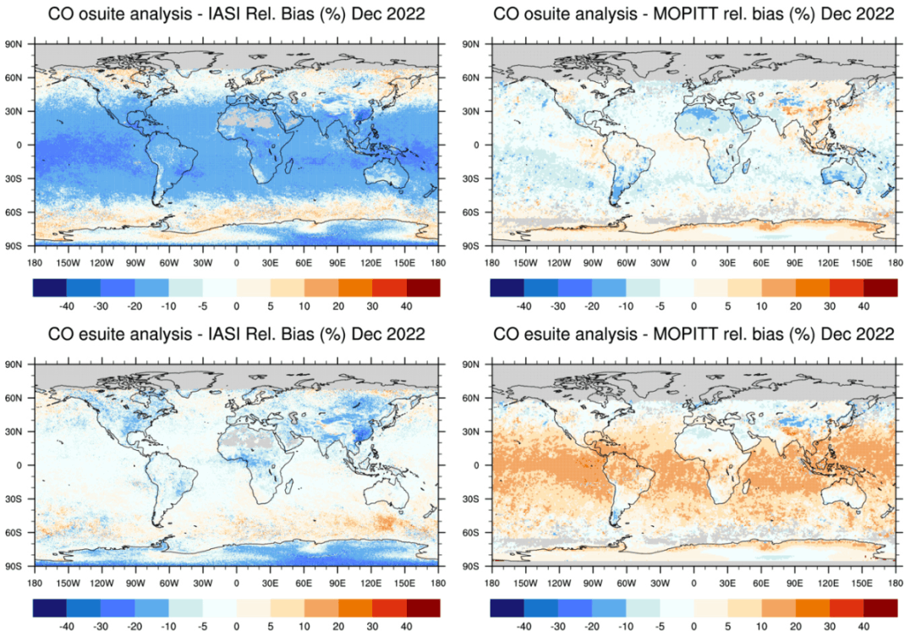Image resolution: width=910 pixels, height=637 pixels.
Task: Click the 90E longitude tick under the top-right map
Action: click(795, 262)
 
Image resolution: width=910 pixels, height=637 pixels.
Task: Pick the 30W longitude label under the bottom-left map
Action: click(202, 582)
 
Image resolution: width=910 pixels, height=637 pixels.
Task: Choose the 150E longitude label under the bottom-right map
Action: click(863, 582)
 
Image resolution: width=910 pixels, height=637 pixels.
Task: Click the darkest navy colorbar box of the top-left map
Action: click(50, 288)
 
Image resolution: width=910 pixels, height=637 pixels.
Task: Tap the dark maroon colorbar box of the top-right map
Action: click(880, 288)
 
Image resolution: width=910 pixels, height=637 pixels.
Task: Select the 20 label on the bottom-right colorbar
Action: click(795, 625)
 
